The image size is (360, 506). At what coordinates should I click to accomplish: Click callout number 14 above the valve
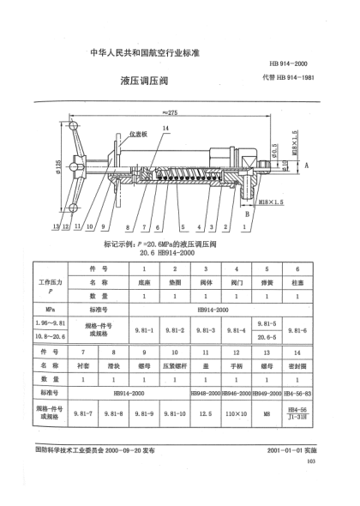point(165,127)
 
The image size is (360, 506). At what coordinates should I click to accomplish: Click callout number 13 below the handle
point(54,227)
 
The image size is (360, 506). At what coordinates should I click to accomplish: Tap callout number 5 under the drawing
point(183,227)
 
